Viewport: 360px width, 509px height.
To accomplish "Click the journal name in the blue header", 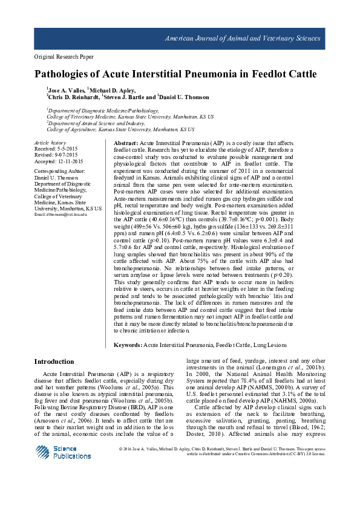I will (243, 38).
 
